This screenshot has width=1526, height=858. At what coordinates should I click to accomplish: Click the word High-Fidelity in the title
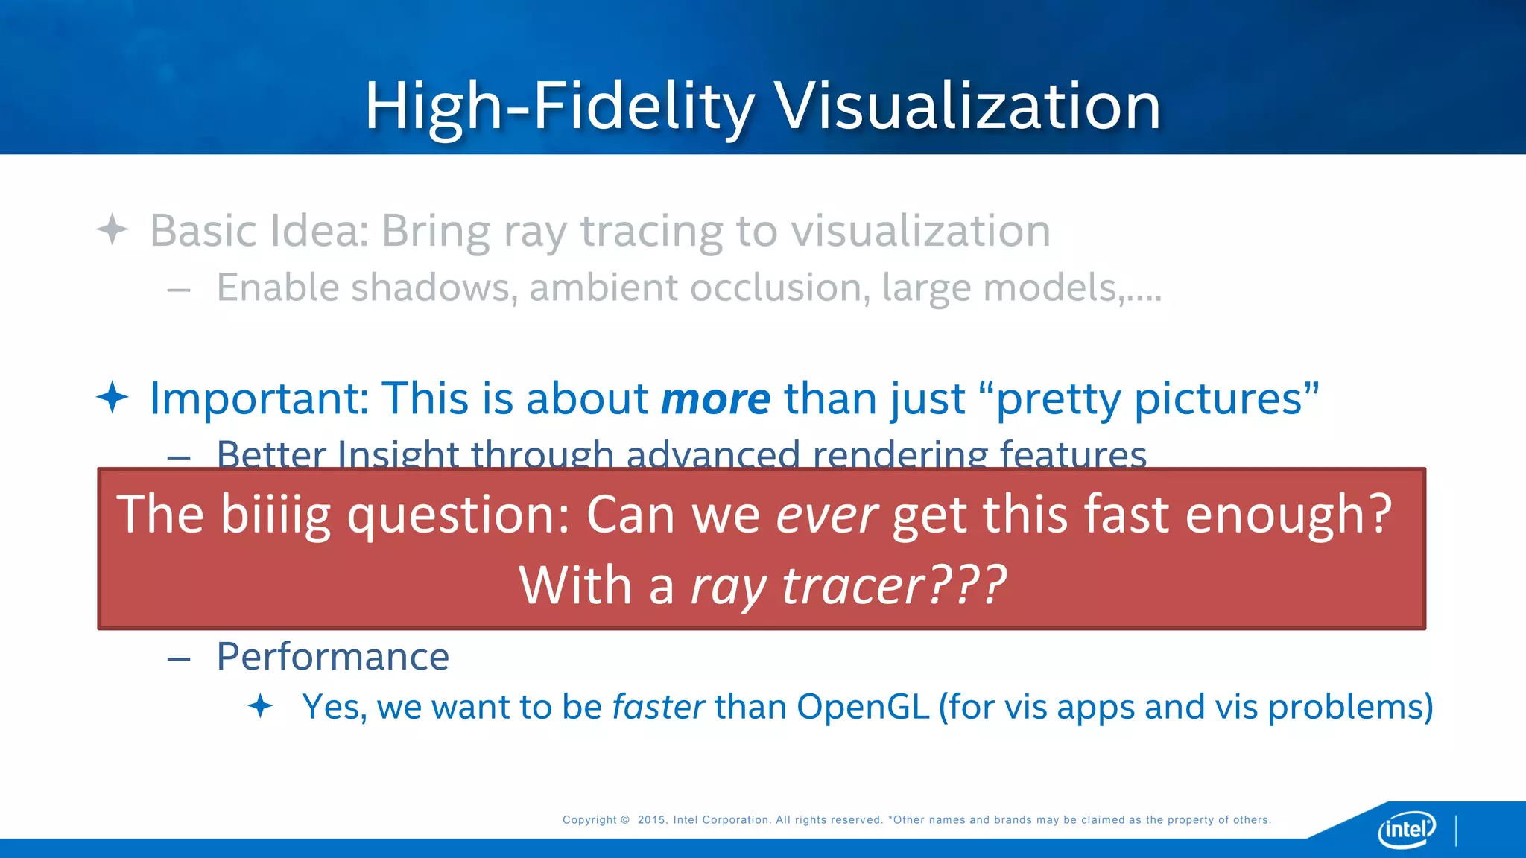[559, 107]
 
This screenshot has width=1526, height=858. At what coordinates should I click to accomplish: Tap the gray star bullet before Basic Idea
[113, 229]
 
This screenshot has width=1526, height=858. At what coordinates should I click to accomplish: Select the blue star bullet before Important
[113, 397]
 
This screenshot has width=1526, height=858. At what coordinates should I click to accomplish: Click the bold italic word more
[715, 399]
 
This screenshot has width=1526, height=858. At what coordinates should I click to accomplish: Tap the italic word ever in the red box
[826, 515]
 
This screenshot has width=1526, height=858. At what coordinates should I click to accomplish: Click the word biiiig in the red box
[275, 515]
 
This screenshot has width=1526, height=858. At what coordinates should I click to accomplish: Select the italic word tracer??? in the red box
[893, 585]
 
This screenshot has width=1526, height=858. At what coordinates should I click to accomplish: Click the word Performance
[332, 657]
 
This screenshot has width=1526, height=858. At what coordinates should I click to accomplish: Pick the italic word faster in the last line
[658, 706]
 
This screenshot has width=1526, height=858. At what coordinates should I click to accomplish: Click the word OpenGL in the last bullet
[863, 706]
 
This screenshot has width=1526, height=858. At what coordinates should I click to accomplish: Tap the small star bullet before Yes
[260, 705]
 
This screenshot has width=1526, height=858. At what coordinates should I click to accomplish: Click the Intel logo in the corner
[1406, 829]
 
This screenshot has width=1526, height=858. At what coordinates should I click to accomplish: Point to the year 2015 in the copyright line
[652, 820]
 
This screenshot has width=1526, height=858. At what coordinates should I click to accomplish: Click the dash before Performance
[179, 658]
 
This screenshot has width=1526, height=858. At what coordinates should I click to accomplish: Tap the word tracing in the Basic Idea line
[651, 231]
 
